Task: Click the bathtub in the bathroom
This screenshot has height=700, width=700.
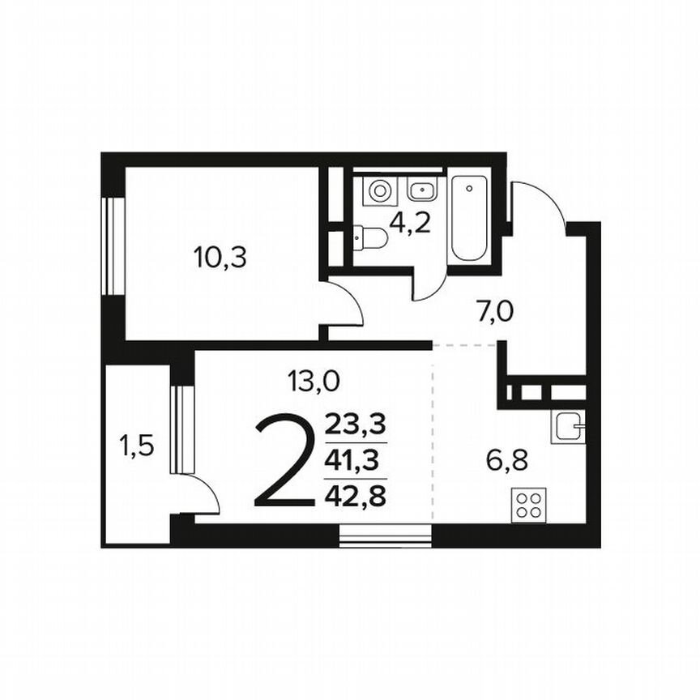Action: tap(470, 217)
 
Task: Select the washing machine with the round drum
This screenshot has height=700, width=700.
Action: tap(379, 191)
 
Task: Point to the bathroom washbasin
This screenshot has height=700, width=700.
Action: tap(421, 191)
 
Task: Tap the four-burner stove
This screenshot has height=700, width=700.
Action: tap(530, 505)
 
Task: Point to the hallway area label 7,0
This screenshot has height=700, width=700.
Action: tap(495, 309)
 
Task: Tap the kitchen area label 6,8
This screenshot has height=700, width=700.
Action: tap(507, 460)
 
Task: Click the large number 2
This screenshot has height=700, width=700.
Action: tap(284, 460)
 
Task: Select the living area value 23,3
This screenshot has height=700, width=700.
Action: tap(355, 424)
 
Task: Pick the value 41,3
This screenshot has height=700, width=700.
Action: tap(355, 460)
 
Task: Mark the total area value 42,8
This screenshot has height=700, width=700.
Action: tap(355, 494)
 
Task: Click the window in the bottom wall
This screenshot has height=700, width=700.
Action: tap(384, 536)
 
